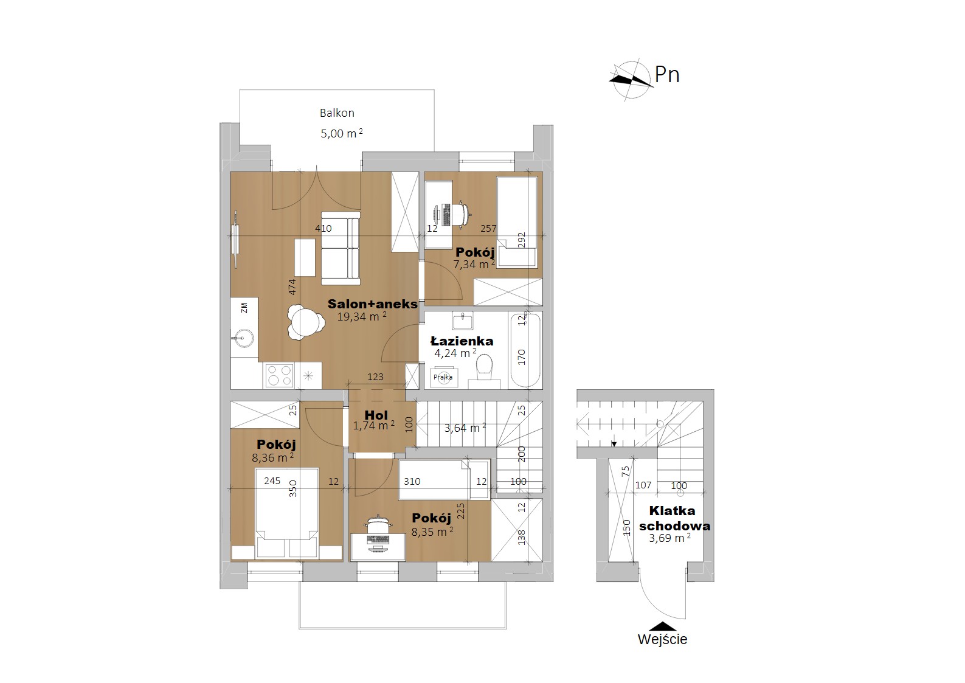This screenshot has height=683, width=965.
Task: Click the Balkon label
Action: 337,113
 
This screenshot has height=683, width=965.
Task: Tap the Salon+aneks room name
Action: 373,304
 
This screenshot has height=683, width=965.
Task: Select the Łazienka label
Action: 462,341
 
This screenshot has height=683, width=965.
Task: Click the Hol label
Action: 376,415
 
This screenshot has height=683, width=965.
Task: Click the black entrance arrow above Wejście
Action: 663,626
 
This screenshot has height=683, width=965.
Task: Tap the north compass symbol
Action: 631,81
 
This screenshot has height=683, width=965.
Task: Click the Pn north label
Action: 667,75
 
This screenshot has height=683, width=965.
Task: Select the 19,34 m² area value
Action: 362,317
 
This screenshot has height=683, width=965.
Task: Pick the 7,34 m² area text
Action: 474,264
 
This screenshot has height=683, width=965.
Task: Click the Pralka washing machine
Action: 444,378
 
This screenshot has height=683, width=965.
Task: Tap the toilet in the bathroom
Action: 485,370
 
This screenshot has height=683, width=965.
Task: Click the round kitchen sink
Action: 244,338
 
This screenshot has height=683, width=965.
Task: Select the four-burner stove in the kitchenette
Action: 280,375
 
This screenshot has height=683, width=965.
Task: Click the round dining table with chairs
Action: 306,323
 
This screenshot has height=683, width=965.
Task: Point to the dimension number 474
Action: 292,287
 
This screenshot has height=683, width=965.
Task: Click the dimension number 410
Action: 323,229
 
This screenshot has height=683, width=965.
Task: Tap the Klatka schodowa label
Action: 674,518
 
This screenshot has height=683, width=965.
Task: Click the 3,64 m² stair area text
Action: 465,428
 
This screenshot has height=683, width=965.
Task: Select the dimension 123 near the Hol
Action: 375,377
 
